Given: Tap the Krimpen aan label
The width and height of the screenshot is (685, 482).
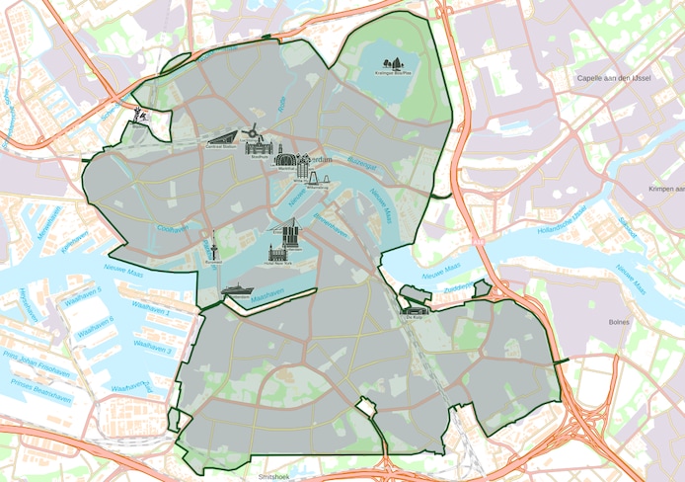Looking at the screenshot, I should point(666,188).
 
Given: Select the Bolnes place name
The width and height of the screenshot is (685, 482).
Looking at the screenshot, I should point(619,321).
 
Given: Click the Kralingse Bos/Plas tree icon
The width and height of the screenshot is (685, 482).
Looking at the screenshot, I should point(395,63).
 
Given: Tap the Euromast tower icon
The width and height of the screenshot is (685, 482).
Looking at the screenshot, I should point(213,245).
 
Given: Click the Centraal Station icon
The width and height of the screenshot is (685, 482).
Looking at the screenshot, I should point(222,139).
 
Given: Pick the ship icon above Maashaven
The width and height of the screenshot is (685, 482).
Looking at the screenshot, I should point(237,290).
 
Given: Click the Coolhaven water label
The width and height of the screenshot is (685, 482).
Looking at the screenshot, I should point(172,229).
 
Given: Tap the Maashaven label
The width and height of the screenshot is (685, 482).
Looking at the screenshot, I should point(266,292).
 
